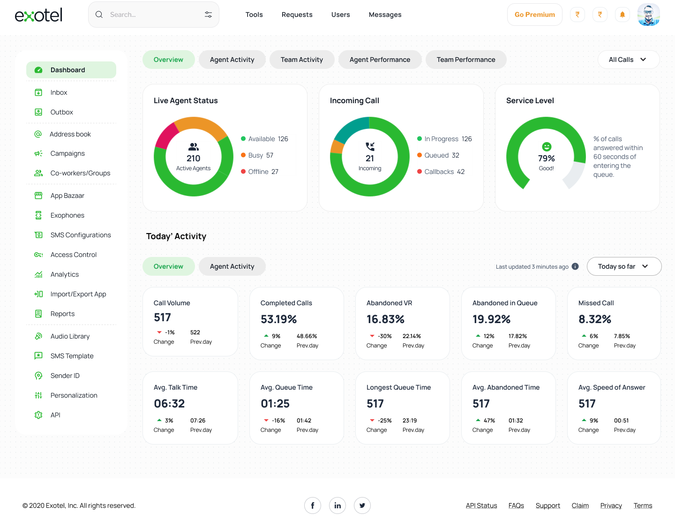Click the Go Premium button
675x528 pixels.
coord(534,15)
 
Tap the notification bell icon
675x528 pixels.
coord(622,15)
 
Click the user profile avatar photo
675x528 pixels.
coord(649,15)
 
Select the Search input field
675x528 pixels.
coord(152,15)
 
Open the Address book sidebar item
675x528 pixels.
coord(70,134)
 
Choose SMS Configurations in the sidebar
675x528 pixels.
coord(81,235)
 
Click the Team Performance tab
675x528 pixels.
coord(466,60)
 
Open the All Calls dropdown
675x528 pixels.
coord(628,60)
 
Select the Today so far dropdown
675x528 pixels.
coord(623,266)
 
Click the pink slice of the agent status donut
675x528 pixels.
coord(165,136)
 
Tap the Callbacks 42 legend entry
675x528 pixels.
coord(444,172)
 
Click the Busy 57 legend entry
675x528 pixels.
coord(261,155)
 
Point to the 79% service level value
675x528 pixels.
coord(547,158)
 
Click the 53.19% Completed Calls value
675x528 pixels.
coord(278,319)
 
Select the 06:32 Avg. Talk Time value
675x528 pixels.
coord(169,404)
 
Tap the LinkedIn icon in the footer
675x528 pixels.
coord(337,505)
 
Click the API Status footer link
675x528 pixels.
coord(481,505)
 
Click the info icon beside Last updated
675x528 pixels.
coord(575,266)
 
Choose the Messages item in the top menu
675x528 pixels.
coord(385,15)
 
